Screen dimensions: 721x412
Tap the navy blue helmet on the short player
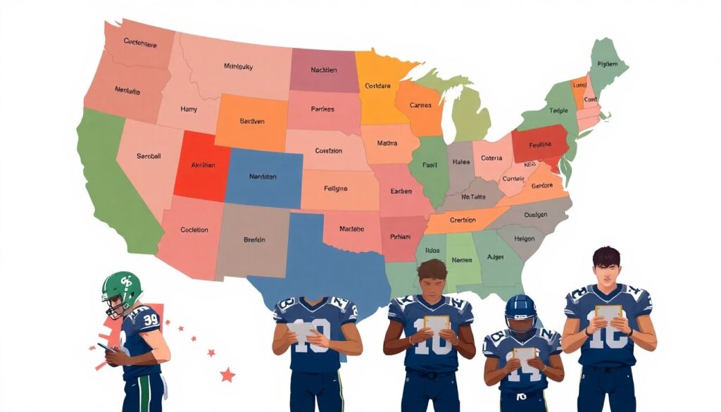(520, 311)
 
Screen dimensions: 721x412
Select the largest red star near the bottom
(227, 375)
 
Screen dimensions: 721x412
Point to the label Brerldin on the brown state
(254, 239)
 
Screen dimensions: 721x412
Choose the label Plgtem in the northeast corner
(607, 63)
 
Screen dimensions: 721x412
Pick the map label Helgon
(525, 239)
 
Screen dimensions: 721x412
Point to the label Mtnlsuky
(238, 67)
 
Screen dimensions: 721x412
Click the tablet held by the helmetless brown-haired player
(437, 325)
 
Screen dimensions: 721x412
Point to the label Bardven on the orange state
(251, 121)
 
